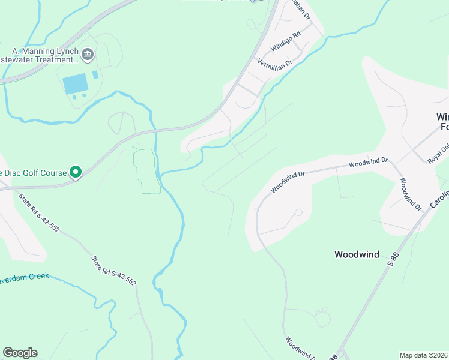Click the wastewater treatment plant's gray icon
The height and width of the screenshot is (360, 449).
88,55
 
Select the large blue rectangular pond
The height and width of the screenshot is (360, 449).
75,84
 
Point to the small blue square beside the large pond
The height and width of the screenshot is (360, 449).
95,75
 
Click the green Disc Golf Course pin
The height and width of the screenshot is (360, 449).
76,173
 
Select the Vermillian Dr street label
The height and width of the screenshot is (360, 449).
274,62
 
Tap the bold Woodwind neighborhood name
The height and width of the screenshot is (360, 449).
357,254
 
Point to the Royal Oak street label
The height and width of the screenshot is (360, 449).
438,154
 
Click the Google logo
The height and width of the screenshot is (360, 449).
20,353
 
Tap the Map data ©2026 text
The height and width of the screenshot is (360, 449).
423,355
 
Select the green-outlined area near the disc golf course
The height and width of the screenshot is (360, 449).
146,172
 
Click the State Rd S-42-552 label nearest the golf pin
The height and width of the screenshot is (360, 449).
39,212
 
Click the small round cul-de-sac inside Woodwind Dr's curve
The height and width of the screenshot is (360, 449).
298,212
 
